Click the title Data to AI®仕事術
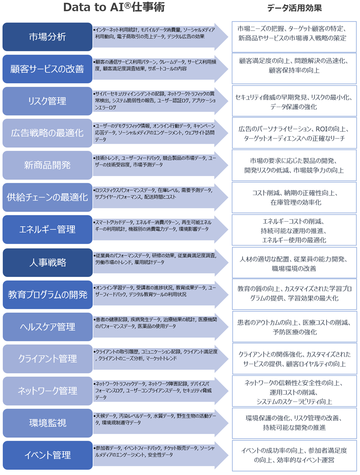point(110,8)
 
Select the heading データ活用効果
point(294,8)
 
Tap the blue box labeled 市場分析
point(48,37)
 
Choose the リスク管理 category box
point(48,101)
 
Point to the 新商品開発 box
point(48,165)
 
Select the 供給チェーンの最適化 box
point(48,197)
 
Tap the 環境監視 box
point(48,423)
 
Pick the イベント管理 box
point(48,455)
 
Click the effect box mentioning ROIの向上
point(294,134)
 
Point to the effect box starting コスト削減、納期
point(294,198)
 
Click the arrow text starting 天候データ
point(155,419)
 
